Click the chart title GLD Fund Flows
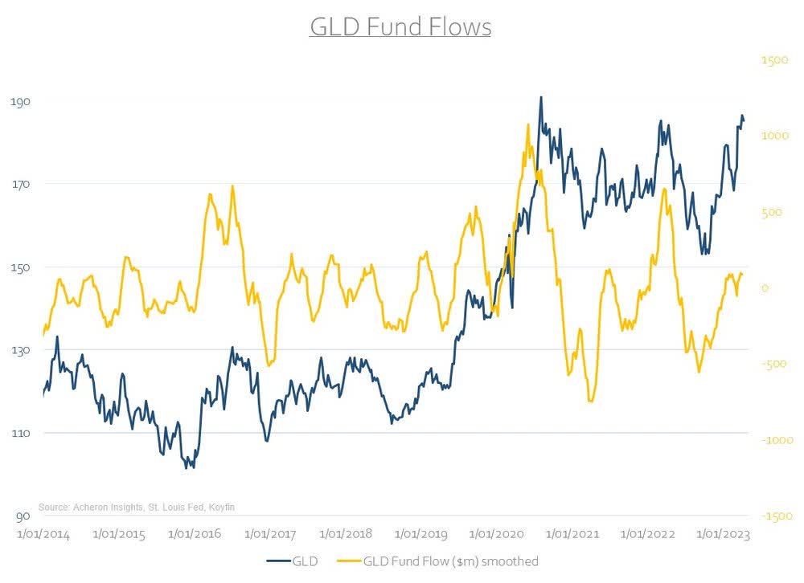pyautogui.click(x=400, y=26)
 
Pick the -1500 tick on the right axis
pyautogui.click(x=773, y=516)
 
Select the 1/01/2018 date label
pyautogui.click(x=346, y=533)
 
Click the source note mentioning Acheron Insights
pyautogui.click(x=137, y=507)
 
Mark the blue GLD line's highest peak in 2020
pyautogui.click(x=541, y=97)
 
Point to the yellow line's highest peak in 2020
pyautogui.click(x=527, y=124)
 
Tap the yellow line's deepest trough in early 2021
pyautogui.click(x=591, y=401)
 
